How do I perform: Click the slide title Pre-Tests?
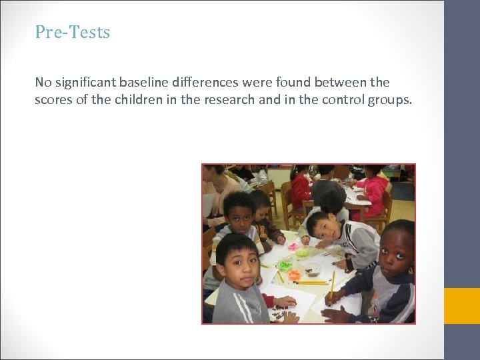73,32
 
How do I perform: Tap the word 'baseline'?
145,83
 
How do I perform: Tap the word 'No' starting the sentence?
43,83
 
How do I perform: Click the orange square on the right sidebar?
462,305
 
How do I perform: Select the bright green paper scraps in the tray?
285,265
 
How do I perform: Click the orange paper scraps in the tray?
294,274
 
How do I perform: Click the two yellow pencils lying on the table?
310,283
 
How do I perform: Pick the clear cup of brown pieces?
312,269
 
